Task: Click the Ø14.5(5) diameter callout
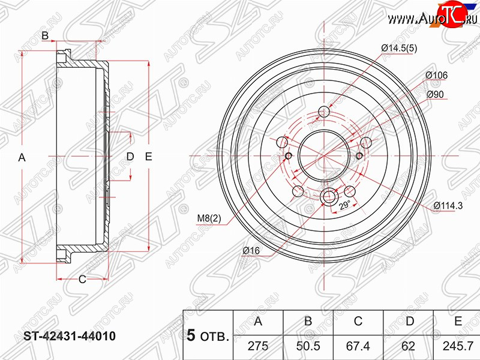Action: [399, 49]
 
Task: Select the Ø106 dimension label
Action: [436, 75]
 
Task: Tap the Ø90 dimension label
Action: [435, 94]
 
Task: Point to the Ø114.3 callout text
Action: [448, 206]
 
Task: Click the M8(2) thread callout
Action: [209, 218]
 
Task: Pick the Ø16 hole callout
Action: [251, 250]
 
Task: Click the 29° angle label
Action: [344, 205]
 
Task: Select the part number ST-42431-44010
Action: [70, 336]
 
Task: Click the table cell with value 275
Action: [258, 346]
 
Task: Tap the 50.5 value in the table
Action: [308, 346]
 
